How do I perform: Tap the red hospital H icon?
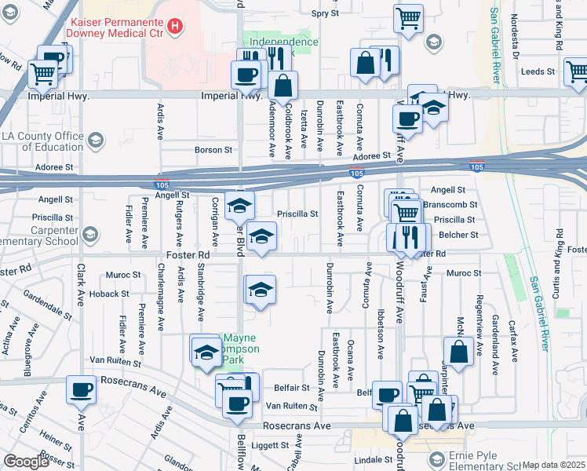pyautogui.click(x=177, y=26)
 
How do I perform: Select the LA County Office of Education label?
pyautogui.click(x=42, y=141)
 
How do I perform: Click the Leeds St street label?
pyautogui.click(x=538, y=71)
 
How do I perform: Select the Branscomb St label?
pyautogui.click(x=450, y=205)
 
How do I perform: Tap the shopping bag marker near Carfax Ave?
pyautogui.click(x=459, y=352)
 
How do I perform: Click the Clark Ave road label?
pyautogui.click(x=81, y=284)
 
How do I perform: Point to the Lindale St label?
pyautogui.click(x=374, y=459)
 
